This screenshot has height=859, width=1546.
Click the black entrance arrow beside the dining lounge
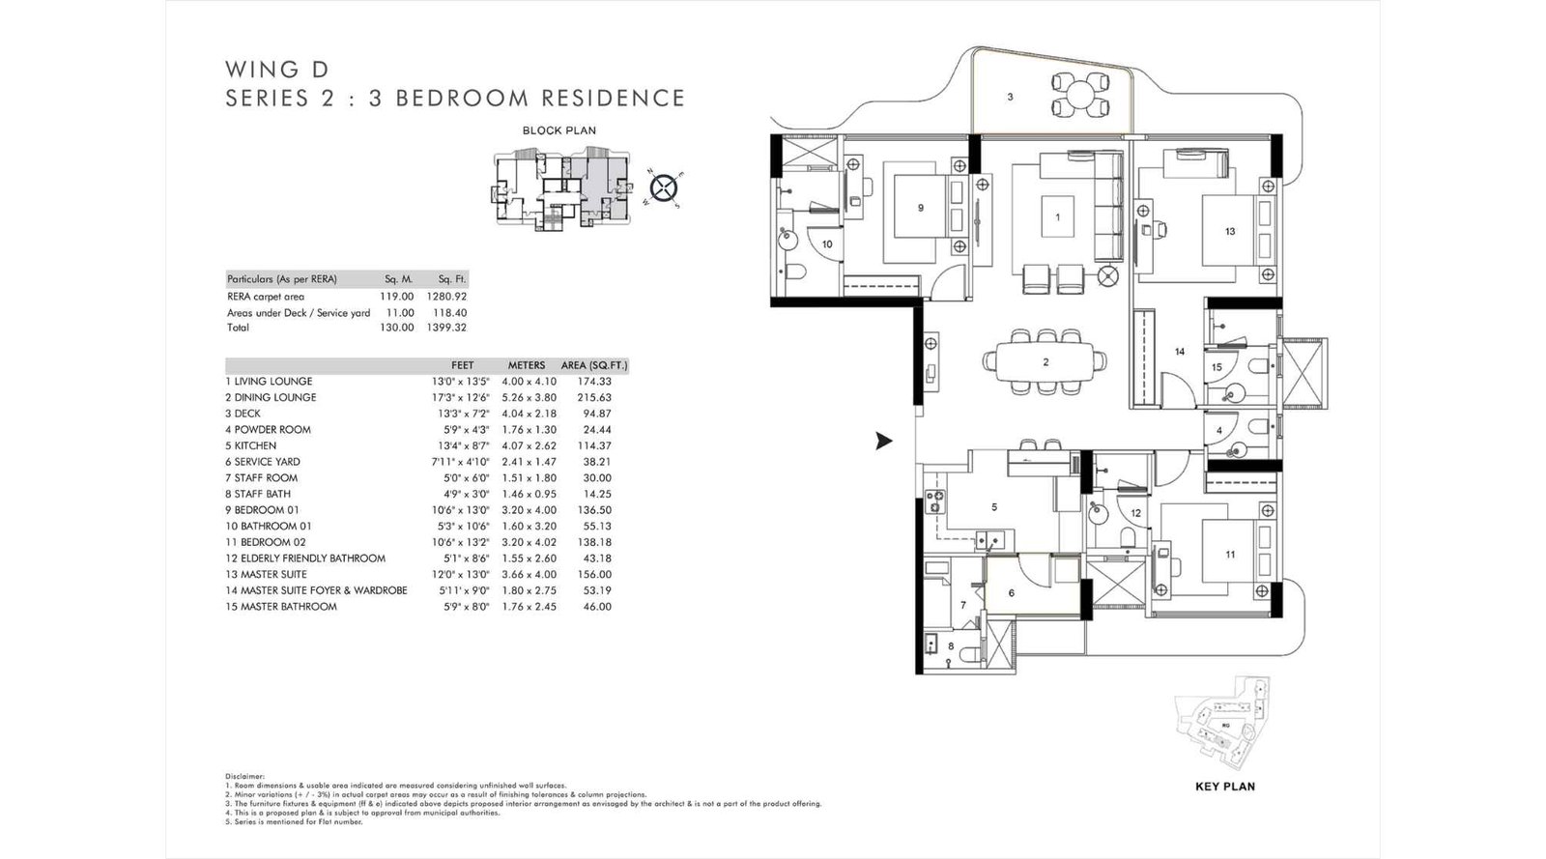click(x=883, y=442)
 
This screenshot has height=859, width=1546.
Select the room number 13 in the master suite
click(x=1229, y=231)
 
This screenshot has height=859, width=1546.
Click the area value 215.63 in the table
click(x=593, y=397)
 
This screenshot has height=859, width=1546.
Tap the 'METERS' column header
click(x=527, y=365)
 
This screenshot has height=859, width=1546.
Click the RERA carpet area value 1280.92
click(x=446, y=297)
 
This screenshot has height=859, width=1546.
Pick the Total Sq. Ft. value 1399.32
click(x=446, y=328)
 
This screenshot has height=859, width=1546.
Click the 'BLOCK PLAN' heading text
click(x=558, y=130)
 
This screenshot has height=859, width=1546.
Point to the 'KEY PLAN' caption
click(x=1224, y=787)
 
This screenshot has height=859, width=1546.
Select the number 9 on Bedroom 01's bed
click(x=920, y=208)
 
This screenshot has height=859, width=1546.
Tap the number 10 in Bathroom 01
click(x=827, y=244)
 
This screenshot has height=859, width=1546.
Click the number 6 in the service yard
click(x=1012, y=592)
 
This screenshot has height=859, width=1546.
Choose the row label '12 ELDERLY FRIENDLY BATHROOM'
click(x=305, y=558)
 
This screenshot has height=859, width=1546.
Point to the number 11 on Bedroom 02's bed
click(x=1229, y=555)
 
